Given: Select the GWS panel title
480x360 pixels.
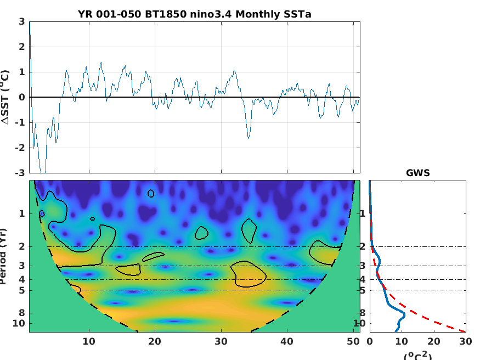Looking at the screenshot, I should (417, 173).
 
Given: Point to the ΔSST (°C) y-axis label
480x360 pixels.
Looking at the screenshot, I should (5, 97).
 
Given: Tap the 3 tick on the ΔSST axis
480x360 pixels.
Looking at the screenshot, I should (22, 22).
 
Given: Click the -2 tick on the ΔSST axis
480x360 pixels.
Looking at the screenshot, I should (20, 148).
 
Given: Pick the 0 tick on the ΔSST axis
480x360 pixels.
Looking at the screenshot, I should (22, 97).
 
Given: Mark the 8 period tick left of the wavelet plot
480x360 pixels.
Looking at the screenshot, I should (22, 313).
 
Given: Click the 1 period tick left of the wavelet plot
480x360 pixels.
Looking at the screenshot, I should (22, 213).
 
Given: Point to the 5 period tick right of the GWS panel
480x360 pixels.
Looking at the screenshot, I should (470, 290).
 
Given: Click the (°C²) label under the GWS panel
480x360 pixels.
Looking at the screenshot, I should (417, 355).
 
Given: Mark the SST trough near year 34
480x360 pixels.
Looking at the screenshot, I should (249, 137).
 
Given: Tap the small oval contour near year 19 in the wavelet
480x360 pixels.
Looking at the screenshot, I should (151, 193).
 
